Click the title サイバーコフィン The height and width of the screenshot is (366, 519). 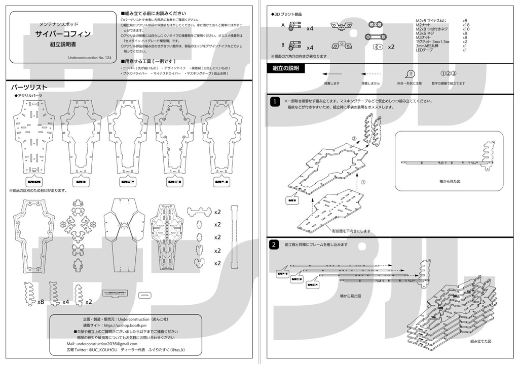63,34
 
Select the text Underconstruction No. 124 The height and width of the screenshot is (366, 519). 89,58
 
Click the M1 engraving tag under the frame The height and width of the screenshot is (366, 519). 81,181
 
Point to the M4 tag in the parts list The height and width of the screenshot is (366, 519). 221,181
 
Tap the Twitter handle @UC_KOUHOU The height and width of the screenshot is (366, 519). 103,350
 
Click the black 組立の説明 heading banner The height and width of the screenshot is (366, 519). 285,68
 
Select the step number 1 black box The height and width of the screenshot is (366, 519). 274,102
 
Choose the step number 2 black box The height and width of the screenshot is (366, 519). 274,245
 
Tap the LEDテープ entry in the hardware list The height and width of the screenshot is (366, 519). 425,50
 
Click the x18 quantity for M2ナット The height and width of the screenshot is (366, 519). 466,25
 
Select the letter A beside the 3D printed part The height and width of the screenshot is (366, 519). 283,24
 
